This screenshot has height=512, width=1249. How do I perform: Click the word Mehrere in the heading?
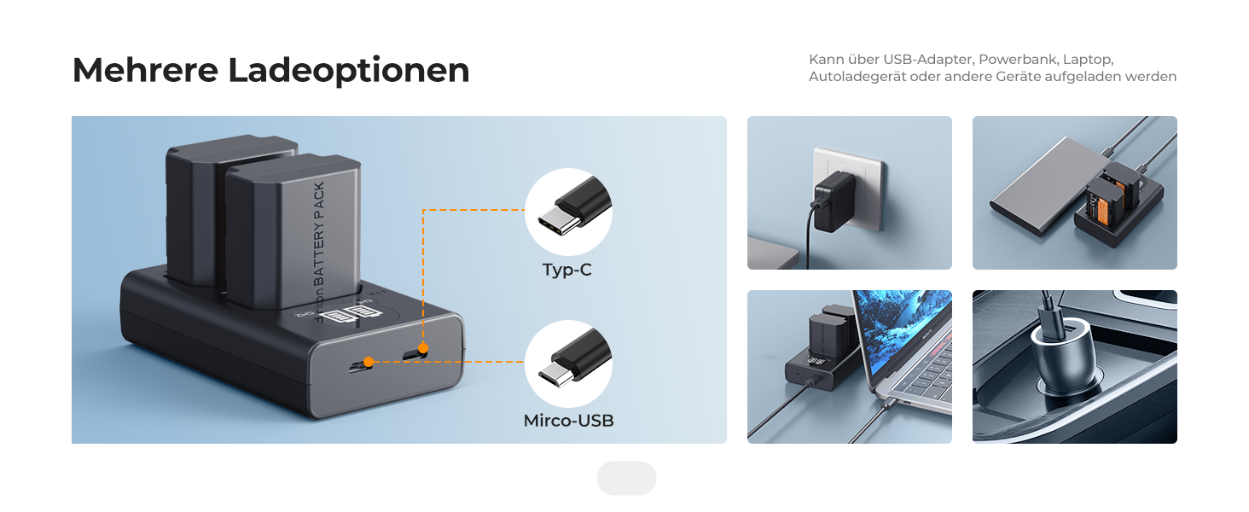tap(144, 70)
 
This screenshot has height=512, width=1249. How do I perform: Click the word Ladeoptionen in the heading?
tap(349, 71)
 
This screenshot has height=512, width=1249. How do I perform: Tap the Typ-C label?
tap(566, 271)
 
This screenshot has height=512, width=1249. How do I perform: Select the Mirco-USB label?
tap(568, 421)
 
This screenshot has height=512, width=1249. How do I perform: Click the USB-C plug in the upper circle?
tap(568, 212)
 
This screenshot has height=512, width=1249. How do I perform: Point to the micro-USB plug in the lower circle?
tap(568, 364)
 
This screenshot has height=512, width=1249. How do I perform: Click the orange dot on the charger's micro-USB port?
tap(368, 362)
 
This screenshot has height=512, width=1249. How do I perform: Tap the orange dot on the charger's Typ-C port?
tap(423, 348)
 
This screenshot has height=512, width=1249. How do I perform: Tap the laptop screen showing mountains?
tap(904, 329)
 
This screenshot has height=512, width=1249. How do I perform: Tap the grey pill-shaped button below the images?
tap(626, 479)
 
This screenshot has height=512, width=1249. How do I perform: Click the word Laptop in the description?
tap(1092, 60)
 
